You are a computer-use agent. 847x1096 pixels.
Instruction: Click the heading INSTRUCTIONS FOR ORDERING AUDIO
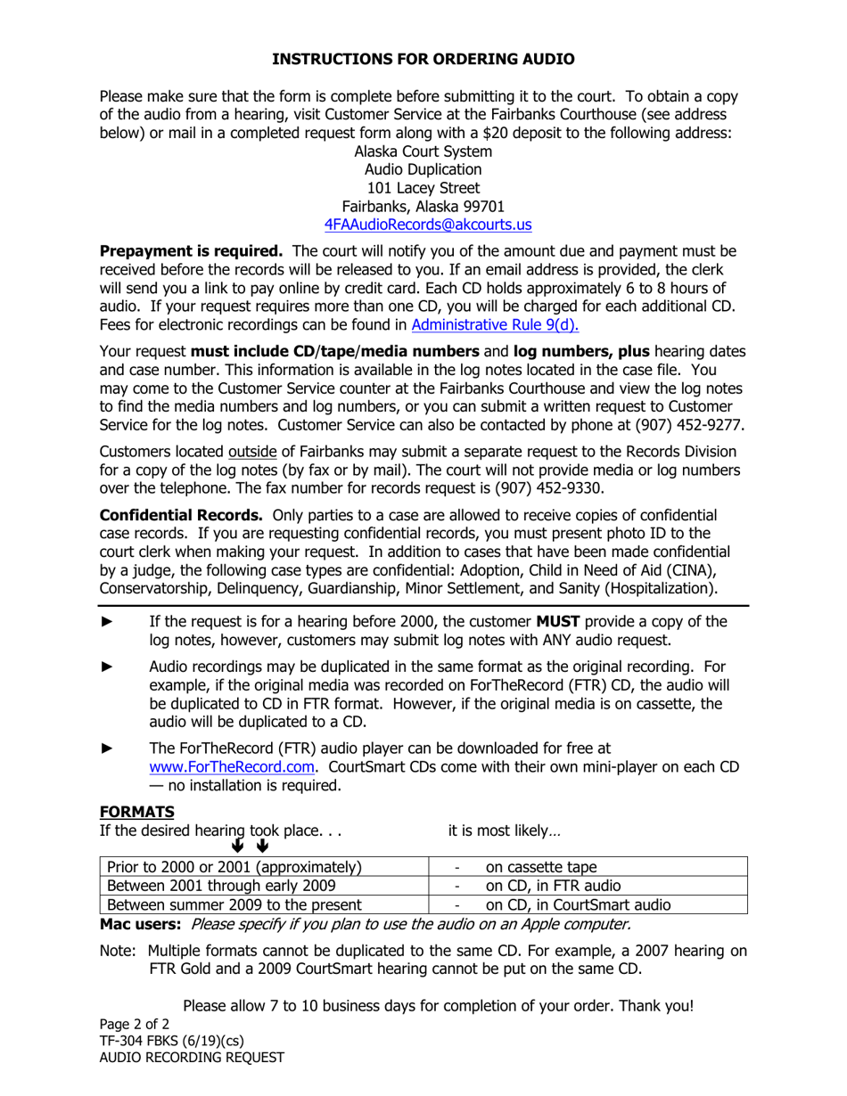click(x=423, y=60)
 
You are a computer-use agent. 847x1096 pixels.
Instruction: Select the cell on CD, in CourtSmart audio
click(x=577, y=905)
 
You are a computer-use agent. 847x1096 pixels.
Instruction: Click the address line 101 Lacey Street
click(x=423, y=188)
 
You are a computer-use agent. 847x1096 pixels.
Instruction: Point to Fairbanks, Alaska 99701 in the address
click(x=423, y=207)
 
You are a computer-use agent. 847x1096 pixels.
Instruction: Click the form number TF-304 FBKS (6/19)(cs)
click(x=171, y=1041)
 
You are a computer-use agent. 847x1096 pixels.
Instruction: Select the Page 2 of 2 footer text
click(x=134, y=1024)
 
